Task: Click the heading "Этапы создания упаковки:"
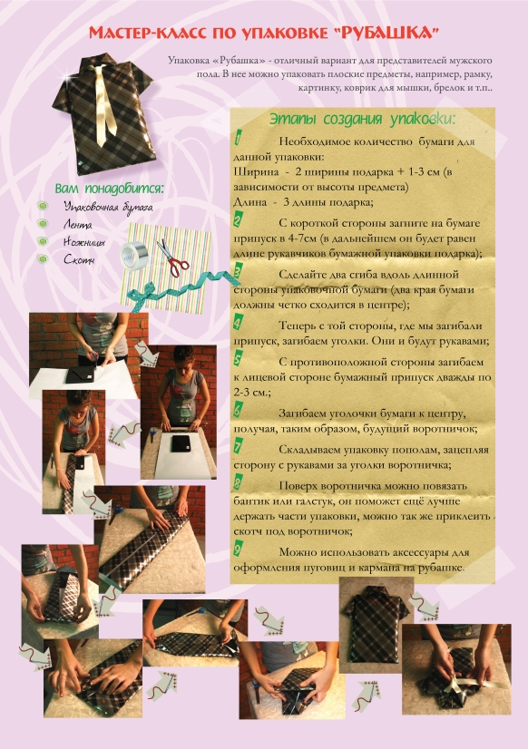[363, 119]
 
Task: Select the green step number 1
[238, 139]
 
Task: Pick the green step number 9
[238, 549]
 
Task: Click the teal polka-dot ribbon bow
[149, 292]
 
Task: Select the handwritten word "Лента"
[77, 225]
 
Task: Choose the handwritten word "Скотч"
[79, 259]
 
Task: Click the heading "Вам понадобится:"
[109, 189]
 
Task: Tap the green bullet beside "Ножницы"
[43, 241]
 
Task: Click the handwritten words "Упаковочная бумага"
[108, 208]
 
